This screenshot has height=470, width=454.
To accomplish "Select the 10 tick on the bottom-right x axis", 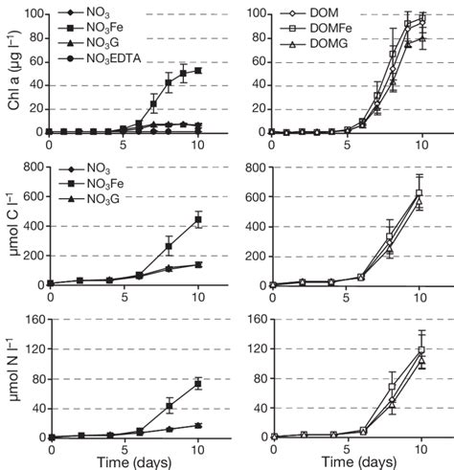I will click(420, 447).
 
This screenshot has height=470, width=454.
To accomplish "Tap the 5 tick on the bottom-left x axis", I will click(123, 447).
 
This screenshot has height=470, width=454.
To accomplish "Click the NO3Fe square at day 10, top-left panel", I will click(198, 71).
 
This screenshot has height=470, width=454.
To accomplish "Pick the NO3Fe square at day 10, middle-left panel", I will click(198, 219).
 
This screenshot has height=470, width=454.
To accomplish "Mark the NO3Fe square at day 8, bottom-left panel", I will click(169, 406).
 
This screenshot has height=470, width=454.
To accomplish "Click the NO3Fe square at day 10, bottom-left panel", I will click(198, 384).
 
